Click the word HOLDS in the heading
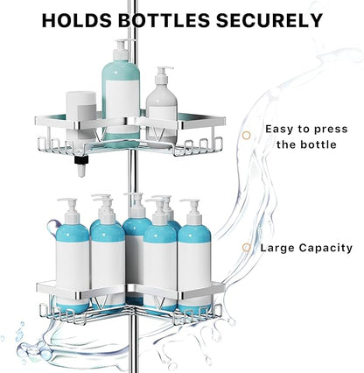(77, 20)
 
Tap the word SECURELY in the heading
(269, 20)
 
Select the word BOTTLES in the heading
(164, 20)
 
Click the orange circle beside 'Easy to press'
(247, 135)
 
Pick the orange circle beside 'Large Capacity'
(247, 248)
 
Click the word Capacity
(326, 248)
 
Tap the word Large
(277, 248)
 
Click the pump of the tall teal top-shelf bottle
(122, 49)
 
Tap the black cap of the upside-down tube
(81, 159)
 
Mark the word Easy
(277, 130)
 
